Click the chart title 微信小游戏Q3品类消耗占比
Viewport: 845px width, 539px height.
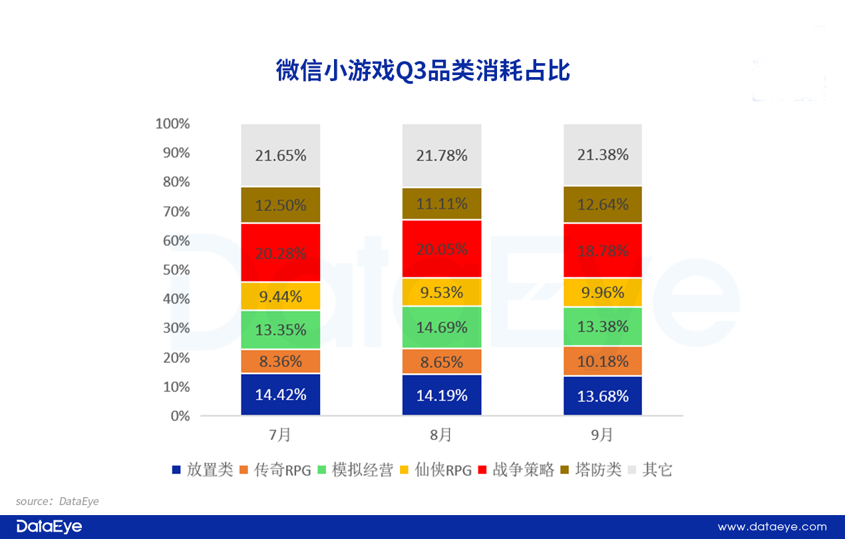pos(422,70)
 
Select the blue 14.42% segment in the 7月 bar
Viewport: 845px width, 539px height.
pos(280,395)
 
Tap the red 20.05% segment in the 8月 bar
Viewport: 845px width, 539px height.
pos(441,249)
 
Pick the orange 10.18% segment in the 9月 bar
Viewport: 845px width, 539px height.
pos(602,362)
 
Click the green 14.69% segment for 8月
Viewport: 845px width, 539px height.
pos(441,327)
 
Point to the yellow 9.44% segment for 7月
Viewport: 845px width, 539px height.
pos(280,296)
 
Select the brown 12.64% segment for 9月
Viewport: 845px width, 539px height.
pos(602,205)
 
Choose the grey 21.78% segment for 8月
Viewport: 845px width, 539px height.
pos(441,156)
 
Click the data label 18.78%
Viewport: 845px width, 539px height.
pos(602,251)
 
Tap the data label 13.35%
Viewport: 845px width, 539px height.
pos(280,330)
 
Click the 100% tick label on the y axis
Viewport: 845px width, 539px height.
pos(172,124)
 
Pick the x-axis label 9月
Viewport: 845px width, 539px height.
pos(602,435)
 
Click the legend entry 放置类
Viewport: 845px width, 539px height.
pos(202,470)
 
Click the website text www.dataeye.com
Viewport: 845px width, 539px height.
pos(772,527)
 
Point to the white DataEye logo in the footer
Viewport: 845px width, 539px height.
pos(49,527)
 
